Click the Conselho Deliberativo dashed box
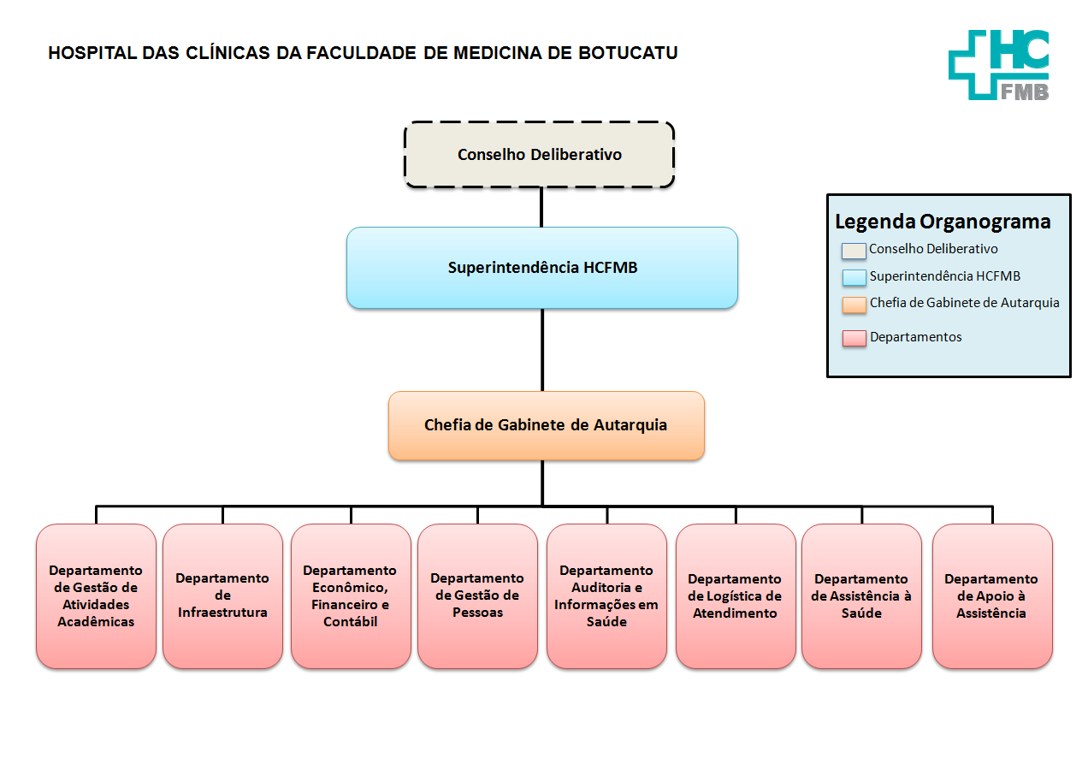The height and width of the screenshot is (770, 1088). tap(539, 155)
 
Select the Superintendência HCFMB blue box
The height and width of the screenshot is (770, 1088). tap(541, 268)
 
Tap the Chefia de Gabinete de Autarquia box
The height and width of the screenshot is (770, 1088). tap(546, 425)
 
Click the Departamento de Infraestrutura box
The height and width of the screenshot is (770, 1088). tap(222, 595)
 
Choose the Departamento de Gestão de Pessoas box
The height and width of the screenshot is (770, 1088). tap(477, 595)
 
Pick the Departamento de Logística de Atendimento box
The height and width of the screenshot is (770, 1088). tap(735, 595)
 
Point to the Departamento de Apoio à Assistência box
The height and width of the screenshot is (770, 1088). tap(991, 595)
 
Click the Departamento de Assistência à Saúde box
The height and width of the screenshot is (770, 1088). tap(860, 595)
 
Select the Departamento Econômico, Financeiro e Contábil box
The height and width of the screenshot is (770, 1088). tap(350, 595)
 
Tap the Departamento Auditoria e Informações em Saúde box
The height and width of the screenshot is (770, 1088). tap(606, 595)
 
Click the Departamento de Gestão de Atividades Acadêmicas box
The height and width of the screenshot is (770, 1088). tap(96, 595)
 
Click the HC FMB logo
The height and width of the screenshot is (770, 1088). tap(998, 64)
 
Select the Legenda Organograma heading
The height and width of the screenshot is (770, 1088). tap(943, 222)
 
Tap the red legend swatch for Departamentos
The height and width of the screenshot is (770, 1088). tap(854, 338)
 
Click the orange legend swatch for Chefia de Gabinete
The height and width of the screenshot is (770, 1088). tap(854, 305)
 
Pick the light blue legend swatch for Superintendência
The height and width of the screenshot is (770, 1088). tap(854, 277)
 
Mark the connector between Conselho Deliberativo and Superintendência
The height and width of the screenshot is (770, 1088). tap(541, 207)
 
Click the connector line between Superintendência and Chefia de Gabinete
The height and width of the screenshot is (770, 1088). tap(541, 349)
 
